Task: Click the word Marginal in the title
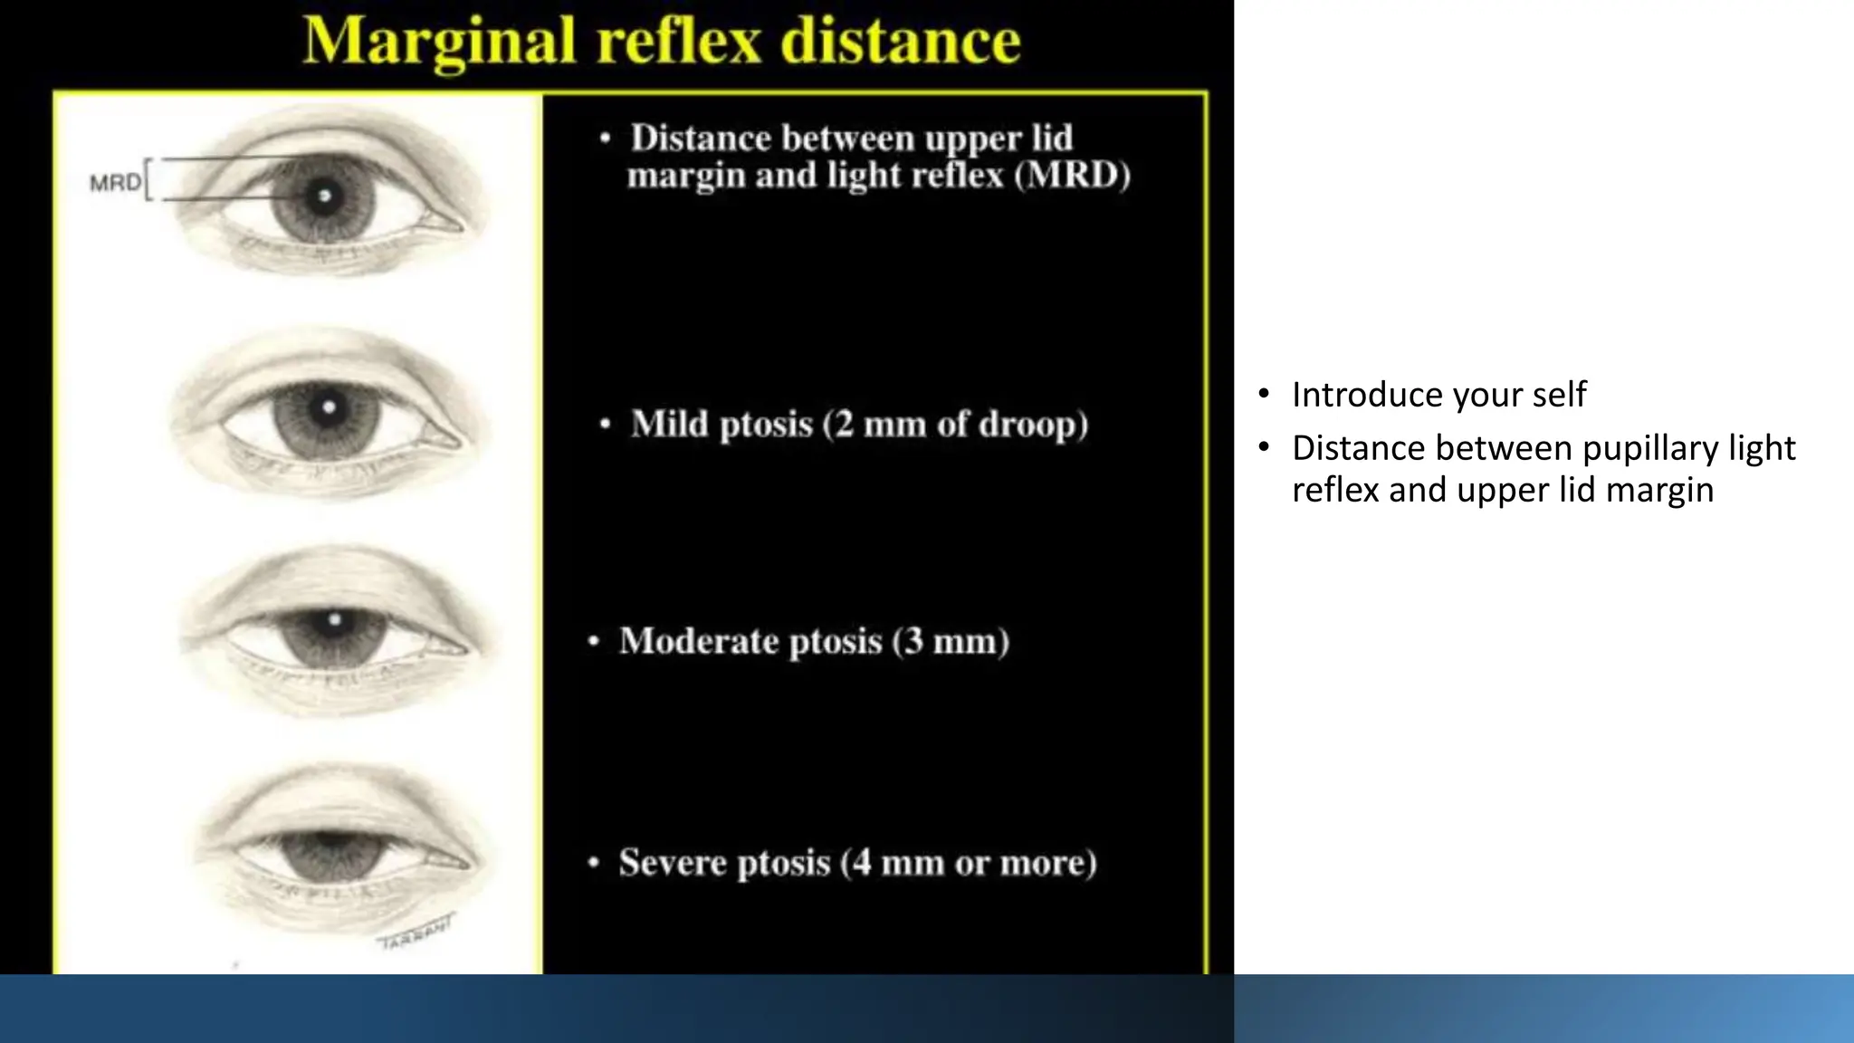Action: (x=439, y=42)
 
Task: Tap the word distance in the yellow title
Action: (x=901, y=42)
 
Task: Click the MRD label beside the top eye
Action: (x=115, y=183)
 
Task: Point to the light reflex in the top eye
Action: (x=324, y=196)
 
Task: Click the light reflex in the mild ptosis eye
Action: (x=329, y=407)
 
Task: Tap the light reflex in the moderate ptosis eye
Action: (x=335, y=620)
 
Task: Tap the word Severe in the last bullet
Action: (x=674, y=862)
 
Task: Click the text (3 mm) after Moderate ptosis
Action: (x=951, y=641)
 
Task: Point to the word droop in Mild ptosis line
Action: (x=1032, y=424)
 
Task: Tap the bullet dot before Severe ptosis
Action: (x=594, y=863)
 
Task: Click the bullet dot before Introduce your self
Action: (x=1264, y=394)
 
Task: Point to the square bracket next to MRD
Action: (x=149, y=179)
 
